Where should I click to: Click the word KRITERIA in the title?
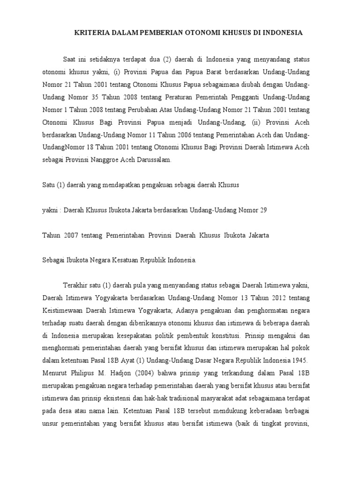coord(91,33)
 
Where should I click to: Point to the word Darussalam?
coord(154,160)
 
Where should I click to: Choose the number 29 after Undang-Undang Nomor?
coord(263,210)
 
